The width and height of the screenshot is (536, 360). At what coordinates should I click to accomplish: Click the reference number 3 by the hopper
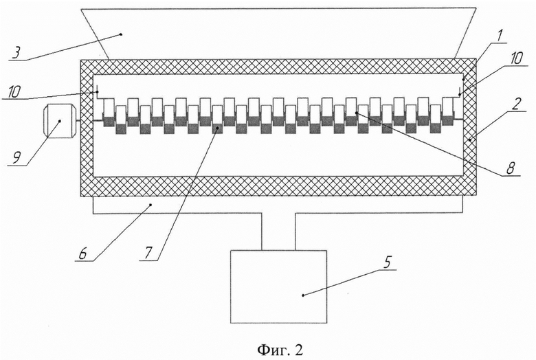(x=16, y=53)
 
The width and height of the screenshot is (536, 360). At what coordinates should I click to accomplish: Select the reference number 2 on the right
(x=517, y=103)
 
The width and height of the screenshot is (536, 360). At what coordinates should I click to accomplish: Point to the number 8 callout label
(x=511, y=168)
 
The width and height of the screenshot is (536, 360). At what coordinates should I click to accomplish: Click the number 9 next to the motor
(x=16, y=158)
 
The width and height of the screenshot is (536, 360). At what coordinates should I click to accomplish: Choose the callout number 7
(x=148, y=253)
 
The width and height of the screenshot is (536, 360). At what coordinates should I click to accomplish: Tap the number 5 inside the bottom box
(x=387, y=263)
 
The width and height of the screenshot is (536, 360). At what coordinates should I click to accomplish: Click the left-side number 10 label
(x=13, y=91)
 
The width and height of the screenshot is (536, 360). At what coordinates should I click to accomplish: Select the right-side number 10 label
(x=516, y=58)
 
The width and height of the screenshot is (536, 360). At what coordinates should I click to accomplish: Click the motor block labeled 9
(x=58, y=121)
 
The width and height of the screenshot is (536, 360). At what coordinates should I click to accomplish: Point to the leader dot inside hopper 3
(x=121, y=34)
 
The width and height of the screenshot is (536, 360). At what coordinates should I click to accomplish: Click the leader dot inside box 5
(x=303, y=295)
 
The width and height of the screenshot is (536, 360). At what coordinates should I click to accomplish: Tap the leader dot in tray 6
(x=151, y=205)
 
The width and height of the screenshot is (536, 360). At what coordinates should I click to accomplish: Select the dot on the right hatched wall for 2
(x=469, y=139)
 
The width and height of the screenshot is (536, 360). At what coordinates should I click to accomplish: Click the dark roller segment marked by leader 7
(x=216, y=128)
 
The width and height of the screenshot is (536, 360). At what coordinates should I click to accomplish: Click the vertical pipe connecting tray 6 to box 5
(x=278, y=232)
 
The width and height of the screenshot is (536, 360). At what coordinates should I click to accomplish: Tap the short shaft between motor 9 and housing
(x=77, y=120)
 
